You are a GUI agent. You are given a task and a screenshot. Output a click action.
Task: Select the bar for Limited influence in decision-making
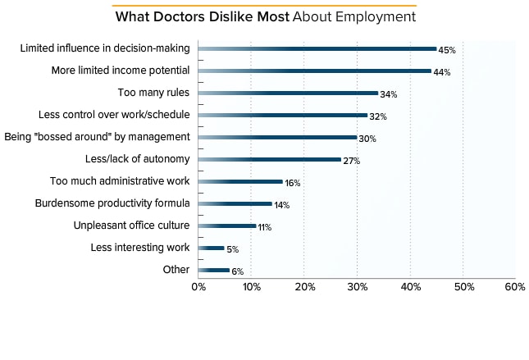[317, 48]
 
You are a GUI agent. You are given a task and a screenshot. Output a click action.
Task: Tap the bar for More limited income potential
[314, 71]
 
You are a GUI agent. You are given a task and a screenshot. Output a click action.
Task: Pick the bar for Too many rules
[288, 93]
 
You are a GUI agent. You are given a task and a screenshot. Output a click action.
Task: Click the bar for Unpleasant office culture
[227, 226]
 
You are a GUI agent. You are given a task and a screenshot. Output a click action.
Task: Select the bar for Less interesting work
[211, 248]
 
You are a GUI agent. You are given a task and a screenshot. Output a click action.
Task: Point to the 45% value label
[447, 51]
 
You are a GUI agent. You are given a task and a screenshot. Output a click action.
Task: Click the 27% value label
[351, 162]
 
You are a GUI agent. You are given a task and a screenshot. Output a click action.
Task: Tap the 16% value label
[293, 183]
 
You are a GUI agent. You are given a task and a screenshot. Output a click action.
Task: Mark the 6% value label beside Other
[238, 271]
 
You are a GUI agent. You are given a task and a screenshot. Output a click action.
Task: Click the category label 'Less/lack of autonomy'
[137, 159]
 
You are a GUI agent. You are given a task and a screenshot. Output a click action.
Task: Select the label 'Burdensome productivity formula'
[112, 203]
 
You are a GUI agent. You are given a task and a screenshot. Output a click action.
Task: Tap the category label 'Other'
[176, 270]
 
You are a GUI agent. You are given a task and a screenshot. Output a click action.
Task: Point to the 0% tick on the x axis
[198, 287]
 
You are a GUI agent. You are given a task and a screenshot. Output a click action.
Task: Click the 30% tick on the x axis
[357, 287]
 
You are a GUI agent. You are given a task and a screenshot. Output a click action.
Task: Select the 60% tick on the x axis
[515, 287]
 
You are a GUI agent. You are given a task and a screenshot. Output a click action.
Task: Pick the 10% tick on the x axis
[251, 287]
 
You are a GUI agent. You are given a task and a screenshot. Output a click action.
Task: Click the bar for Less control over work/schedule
[282, 115]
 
